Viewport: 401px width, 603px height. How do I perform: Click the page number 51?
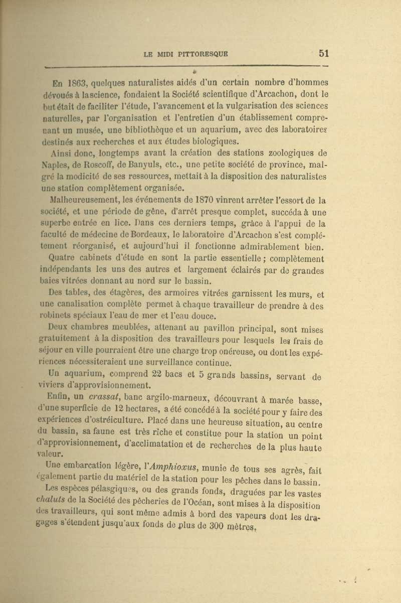point(324,53)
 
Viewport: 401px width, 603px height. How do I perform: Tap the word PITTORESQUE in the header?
point(202,54)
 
